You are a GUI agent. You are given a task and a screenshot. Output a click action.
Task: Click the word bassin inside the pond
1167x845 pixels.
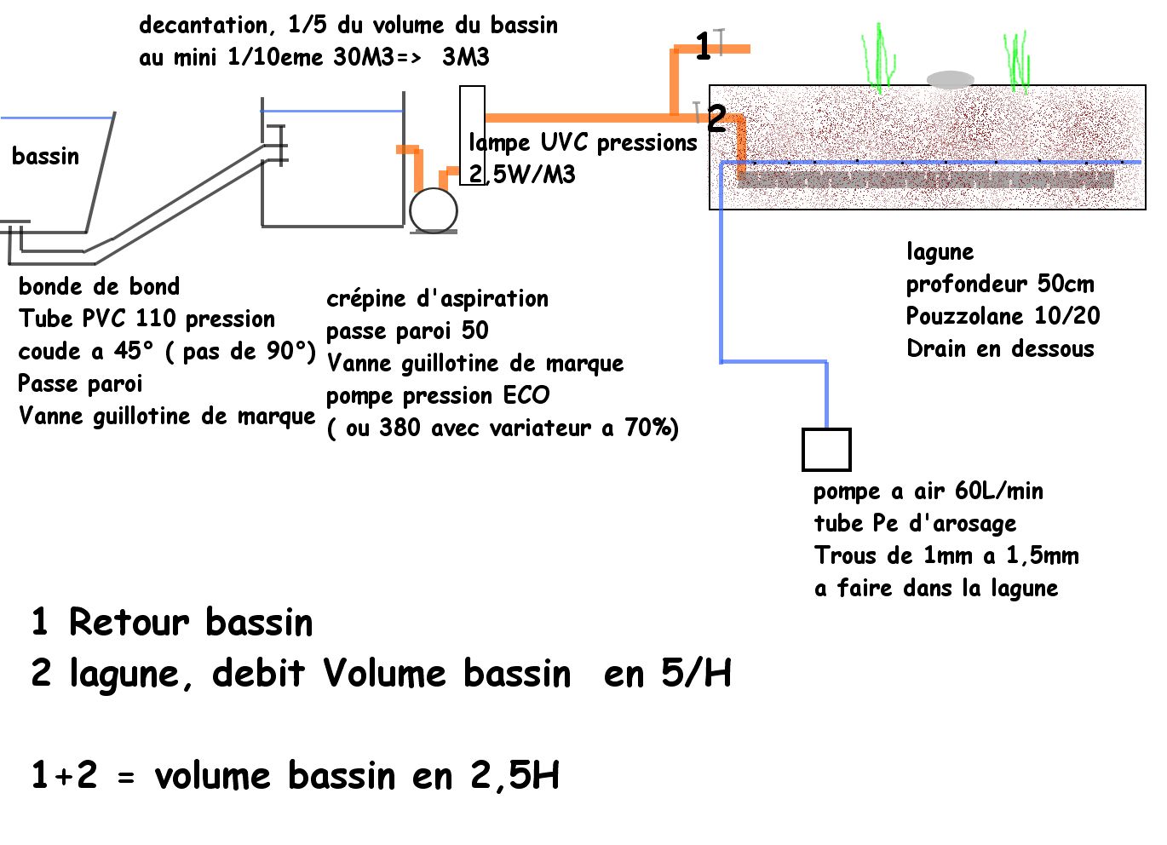[x=45, y=156]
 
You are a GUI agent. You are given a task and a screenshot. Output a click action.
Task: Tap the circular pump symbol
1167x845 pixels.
[x=434, y=210]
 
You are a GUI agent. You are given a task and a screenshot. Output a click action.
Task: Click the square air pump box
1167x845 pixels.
[x=826, y=450]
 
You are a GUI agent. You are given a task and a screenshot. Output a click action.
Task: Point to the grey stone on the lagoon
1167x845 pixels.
[x=950, y=80]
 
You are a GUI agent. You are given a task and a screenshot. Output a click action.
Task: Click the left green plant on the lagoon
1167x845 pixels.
[x=880, y=60]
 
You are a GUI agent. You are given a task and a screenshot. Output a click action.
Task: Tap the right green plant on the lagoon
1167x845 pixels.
[x=1017, y=61]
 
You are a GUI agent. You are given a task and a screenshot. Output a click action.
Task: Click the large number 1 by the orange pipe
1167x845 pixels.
[x=703, y=46]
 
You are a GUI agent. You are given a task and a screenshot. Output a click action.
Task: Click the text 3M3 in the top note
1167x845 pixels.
[x=465, y=57]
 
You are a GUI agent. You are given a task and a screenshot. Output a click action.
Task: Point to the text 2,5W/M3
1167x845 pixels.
[x=522, y=175]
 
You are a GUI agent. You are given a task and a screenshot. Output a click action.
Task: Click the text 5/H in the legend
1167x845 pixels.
[x=696, y=674]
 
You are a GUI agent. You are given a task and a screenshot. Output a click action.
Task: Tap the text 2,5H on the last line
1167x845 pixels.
[x=515, y=776]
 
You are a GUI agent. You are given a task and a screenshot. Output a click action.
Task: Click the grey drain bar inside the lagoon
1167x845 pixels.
[x=925, y=180]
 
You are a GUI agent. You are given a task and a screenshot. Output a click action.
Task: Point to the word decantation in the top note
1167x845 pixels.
[x=203, y=26]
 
